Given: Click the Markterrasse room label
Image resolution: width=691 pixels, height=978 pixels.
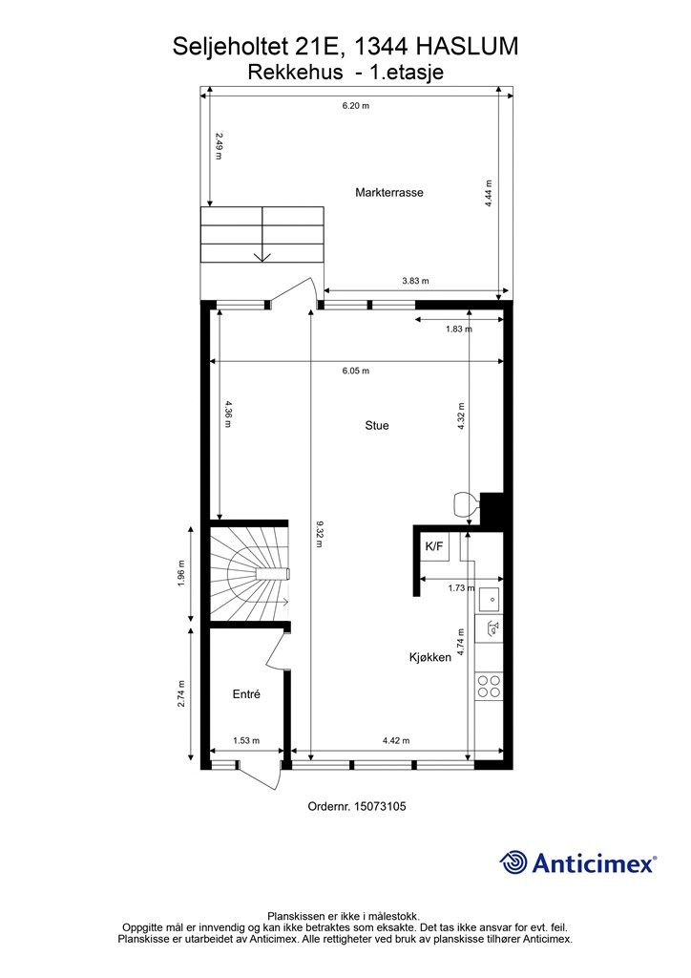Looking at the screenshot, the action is [x=388, y=192].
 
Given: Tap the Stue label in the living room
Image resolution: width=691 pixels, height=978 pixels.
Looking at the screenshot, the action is [x=377, y=425].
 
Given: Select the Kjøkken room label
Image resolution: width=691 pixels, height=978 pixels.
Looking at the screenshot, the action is [x=429, y=657].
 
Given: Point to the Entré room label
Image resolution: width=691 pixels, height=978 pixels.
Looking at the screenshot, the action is [x=246, y=693].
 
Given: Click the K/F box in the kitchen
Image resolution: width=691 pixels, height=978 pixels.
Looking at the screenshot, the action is [x=434, y=546].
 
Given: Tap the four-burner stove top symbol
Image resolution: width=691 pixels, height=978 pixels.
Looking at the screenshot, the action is [x=489, y=686].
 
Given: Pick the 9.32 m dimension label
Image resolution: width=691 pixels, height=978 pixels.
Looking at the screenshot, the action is [x=319, y=534].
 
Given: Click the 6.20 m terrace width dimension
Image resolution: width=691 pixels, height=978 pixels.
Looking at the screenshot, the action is [x=356, y=105].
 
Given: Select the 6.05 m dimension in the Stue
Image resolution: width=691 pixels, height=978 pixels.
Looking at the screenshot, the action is [x=356, y=371].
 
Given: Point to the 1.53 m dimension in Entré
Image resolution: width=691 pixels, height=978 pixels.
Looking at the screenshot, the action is [x=246, y=740].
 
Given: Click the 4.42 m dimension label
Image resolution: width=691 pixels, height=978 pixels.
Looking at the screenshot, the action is [x=396, y=740].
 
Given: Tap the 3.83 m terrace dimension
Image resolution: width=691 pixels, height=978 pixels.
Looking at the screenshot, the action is [x=415, y=281].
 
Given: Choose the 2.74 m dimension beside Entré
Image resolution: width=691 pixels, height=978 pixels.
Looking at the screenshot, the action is [x=181, y=693].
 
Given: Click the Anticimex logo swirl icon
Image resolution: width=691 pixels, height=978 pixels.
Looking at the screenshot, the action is [x=513, y=862].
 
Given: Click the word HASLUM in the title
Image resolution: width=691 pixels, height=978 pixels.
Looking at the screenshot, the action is [x=467, y=46].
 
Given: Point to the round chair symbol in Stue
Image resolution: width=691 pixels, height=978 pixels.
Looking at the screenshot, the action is [x=466, y=504].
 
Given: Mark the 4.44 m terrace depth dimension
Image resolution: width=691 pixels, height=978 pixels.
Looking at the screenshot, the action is [x=489, y=193].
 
